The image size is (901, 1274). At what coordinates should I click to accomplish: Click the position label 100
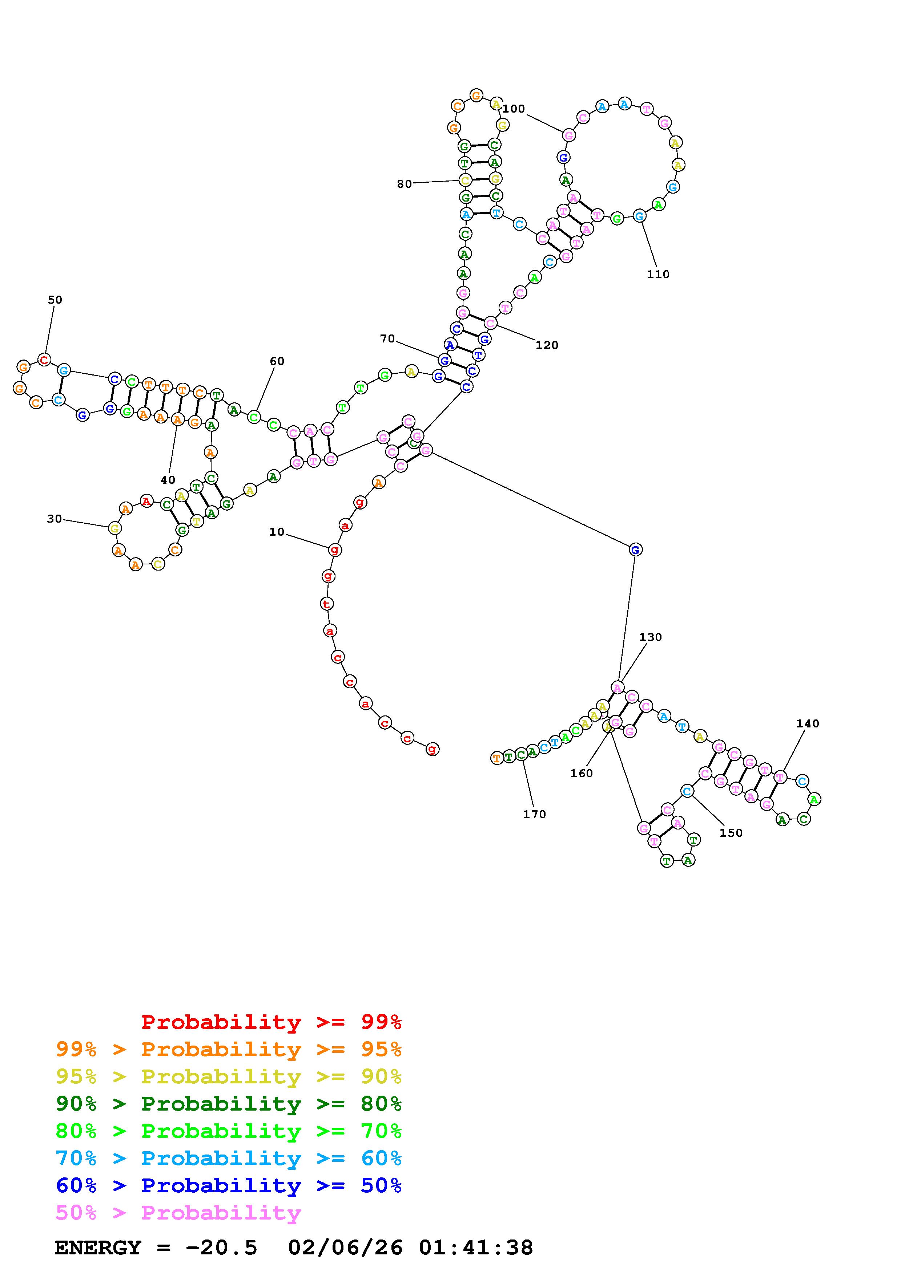click(x=514, y=109)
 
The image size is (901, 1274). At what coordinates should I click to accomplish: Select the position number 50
click(x=55, y=300)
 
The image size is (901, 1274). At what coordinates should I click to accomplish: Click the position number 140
click(x=807, y=723)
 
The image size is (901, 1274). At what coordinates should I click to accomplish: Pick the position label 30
click(x=55, y=519)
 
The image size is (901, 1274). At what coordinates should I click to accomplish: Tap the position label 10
click(x=277, y=532)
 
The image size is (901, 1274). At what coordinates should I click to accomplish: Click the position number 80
click(x=404, y=184)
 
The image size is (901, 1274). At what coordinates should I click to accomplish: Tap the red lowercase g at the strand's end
click(x=432, y=749)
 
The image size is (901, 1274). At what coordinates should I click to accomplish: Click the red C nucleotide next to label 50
click(x=44, y=360)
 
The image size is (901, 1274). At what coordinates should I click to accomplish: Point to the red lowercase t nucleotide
click(x=327, y=603)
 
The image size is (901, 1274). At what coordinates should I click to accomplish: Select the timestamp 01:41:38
click(x=476, y=1248)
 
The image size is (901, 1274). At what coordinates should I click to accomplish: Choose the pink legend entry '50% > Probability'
click(x=178, y=1213)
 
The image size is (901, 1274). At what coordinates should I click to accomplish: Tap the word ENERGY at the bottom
click(x=98, y=1248)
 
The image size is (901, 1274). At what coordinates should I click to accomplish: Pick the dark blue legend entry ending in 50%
click(x=228, y=1186)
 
